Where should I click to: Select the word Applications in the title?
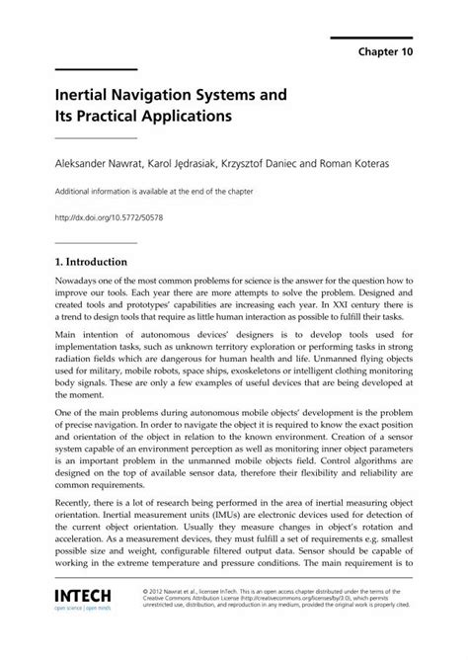tap(176, 115)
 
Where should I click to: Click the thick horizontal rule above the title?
tap(95, 68)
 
